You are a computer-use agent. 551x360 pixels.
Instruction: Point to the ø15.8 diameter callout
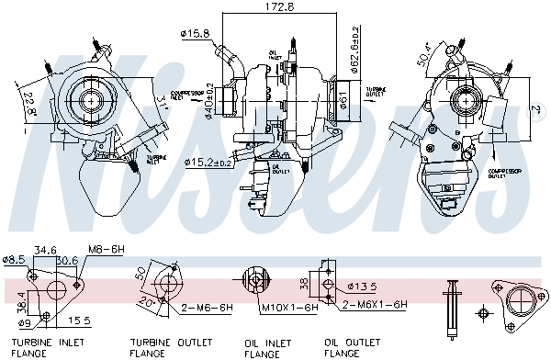196,35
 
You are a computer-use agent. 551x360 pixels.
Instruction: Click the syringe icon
452,306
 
